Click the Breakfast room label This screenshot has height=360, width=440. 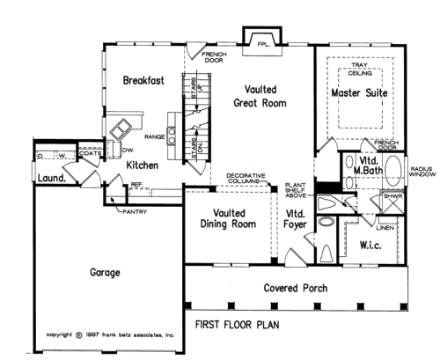[x=143, y=80]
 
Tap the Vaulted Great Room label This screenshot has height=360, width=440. [x=260, y=96]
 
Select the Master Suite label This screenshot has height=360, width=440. [x=359, y=93]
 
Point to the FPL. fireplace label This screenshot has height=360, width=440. [x=263, y=45]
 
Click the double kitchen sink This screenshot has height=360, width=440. [x=121, y=129]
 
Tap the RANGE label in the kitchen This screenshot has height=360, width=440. [x=155, y=136]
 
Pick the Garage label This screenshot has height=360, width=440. [x=105, y=273]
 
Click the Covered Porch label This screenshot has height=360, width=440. [x=296, y=288]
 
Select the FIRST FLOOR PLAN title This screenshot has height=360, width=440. [x=238, y=325]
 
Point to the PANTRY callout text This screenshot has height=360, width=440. [x=135, y=211]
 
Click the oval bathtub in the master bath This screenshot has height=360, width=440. [x=393, y=170]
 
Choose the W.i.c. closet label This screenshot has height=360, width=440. [x=370, y=246]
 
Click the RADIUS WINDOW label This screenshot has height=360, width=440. [x=422, y=172]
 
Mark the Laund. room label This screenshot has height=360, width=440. [x=52, y=178]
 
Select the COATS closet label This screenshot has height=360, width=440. [x=91, y=153]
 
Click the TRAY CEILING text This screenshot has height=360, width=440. [x=360, y=69]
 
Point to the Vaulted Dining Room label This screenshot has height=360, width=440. [x=228, y=218]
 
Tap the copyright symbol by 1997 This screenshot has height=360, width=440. [x=79, y=335]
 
